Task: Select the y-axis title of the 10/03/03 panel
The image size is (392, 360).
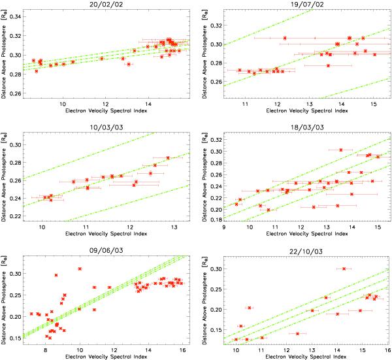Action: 5,174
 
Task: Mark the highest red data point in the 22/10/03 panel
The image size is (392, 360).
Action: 344,269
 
